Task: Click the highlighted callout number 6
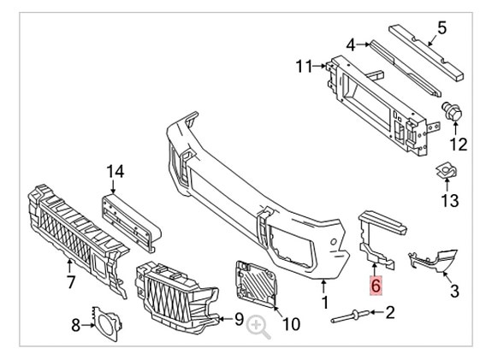click(374, 285)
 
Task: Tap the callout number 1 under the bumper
click(325, 302)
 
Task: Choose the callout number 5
click(442, 28)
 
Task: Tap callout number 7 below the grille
click(71, 281)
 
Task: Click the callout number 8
click(75, 325)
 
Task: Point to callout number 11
click(305, 66)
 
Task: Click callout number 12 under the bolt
click(459, 143)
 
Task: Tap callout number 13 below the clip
click(451, 200)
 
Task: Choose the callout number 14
click(115, 172)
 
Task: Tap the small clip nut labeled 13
click(445, 172)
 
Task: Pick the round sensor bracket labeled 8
click(105, 322)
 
